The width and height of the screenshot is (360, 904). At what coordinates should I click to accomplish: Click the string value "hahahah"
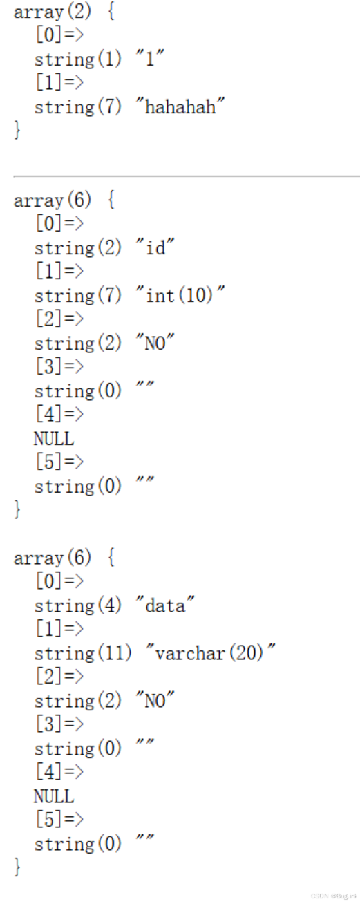[180, 107]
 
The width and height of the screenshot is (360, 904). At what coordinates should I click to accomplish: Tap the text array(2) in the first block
[53, 12]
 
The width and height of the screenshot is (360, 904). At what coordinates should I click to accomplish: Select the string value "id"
[155, 247]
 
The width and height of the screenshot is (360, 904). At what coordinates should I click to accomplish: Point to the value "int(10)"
[180, 295]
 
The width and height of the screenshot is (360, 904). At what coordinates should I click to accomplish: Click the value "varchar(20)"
[211, 652]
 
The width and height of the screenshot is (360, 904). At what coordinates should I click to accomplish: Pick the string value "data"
[165, 605]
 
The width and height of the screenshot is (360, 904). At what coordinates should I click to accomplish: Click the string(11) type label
[83, 652]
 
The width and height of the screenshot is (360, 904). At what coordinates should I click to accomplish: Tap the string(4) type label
[77, 605]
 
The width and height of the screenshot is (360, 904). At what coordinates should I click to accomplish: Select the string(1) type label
[77, 59]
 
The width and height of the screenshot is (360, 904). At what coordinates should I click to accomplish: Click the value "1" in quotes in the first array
[150, 59]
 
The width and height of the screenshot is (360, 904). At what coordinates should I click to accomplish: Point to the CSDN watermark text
[334, 896]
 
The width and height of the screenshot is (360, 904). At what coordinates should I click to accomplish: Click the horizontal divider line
[187, 176]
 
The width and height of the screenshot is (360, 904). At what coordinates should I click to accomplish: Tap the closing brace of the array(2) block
[17, 130]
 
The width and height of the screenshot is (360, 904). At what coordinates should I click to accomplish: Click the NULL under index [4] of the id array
[54, 439]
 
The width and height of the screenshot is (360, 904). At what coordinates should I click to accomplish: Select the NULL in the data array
[54, 796]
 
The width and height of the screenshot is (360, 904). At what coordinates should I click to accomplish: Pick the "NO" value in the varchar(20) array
[155, 700]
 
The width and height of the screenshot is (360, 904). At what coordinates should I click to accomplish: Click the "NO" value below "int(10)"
[155, 343]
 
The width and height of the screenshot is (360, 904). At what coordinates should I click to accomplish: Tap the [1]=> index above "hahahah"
[59, 82]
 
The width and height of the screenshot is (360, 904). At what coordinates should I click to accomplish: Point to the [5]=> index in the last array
[59, 819]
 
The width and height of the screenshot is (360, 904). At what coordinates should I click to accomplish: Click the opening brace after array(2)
[111, 12]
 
